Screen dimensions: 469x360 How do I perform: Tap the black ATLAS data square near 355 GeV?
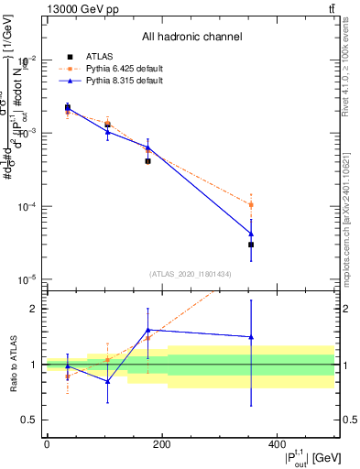click(251, 245)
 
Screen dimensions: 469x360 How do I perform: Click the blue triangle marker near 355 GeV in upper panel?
click(251, 234)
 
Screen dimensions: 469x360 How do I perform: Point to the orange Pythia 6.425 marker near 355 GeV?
click(251, 204)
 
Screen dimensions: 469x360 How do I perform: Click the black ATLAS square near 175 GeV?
click(148, 160)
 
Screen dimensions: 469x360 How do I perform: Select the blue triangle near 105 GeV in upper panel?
click(108, 132)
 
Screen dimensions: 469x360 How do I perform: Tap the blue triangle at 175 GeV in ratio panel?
click(148, 330)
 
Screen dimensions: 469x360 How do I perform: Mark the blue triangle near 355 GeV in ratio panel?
click(251, 337)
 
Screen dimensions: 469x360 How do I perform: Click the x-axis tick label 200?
click(162, 445)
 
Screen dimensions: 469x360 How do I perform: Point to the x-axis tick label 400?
click(278, 445)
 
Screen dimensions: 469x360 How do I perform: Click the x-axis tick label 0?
click(47, 445)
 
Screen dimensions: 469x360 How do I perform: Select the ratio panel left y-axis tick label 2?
click(33, 309)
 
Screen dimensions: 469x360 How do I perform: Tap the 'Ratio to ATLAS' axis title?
click(12, 365)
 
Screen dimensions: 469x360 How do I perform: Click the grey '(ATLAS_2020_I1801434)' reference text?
click(191, 274)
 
